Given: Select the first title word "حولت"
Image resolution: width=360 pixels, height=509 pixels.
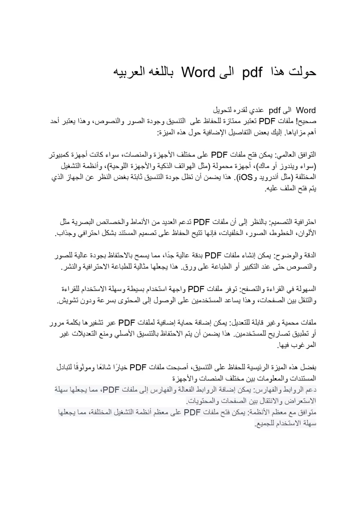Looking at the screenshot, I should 301,72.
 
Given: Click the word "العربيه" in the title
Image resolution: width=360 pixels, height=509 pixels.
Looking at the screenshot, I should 130,72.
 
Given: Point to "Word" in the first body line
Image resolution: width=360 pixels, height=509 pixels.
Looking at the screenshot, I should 306,110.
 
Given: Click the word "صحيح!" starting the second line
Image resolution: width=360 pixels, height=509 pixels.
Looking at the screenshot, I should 306,121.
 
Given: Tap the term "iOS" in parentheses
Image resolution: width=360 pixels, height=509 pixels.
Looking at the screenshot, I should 245,177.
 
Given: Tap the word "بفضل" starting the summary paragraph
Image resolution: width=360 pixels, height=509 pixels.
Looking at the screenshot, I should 310,367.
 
